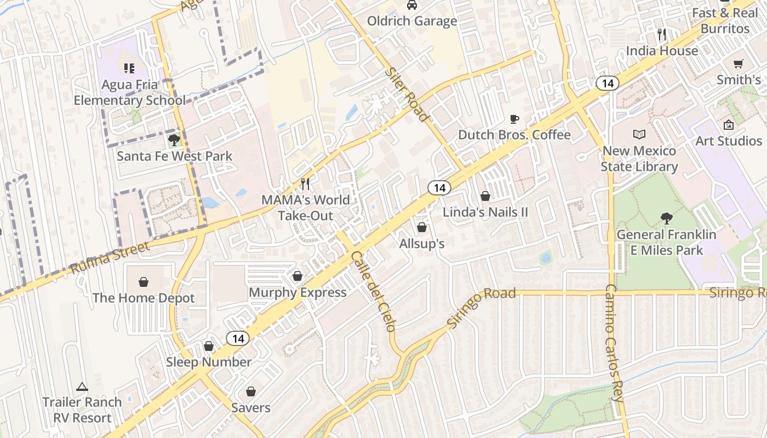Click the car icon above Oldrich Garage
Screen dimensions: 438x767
click(411, 5)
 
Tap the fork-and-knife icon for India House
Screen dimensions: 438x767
click(662, 34)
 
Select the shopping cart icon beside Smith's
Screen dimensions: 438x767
click(739, 64)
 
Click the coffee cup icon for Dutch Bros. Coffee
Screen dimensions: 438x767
click(514, 119)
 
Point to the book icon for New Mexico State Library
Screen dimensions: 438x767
click(639, 134)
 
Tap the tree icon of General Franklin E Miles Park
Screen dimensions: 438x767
click(666, 218)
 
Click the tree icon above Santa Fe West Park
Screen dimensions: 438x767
click(174, 140)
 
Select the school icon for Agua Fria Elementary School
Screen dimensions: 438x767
click(129, 68)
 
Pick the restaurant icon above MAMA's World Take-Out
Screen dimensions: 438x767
click(306, 183)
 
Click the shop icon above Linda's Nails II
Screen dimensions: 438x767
click(485, 195)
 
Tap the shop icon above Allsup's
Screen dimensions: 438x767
click(422, 227)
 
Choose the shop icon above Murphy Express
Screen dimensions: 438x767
click(297, 276)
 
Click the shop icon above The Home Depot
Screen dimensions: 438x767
click(144, 282)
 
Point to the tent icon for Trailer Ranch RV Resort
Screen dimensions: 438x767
click(82, 387)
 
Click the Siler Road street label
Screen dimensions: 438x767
click(406, 94)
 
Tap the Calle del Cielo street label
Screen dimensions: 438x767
click(373, 291)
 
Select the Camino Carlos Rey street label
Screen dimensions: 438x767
click(614, 344)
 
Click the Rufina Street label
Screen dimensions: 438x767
click(110, 258)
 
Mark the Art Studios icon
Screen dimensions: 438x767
click(728, 125)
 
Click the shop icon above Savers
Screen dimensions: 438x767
click(251, 391)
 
